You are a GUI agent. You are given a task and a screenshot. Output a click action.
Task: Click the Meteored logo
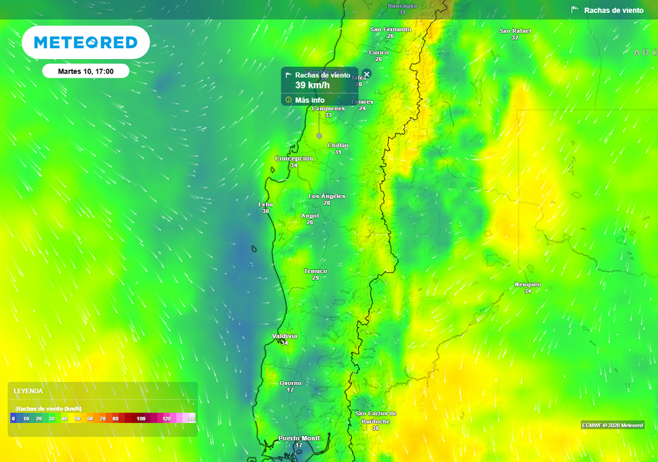coord(85,42)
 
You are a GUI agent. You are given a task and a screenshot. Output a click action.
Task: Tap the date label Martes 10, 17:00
coord(85,71)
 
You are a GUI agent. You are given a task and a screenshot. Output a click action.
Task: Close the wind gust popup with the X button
coord(367,74)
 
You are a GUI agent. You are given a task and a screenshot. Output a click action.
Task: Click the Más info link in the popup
coord(310,100)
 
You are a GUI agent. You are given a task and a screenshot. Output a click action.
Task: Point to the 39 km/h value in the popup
coord(312,85)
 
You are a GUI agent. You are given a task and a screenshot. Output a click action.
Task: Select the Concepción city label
coord(294,158)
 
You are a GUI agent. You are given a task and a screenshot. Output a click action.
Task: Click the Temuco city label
coord(316,271)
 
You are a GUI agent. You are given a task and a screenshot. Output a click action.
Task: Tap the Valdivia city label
coord(285,336)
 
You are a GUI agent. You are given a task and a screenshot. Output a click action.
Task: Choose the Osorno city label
coord(290,383)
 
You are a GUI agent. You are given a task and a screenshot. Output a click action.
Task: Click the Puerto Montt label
coord(299,438)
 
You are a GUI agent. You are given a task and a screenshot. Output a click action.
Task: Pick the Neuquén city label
coord(528,285)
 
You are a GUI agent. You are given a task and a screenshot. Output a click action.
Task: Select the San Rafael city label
coord(515,31)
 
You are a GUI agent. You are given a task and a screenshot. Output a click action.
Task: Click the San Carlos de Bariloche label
coord(376,417)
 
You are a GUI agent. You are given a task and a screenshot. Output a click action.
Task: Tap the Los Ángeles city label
coord(327,196)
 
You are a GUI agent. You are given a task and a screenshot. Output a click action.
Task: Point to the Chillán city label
coord(338,146)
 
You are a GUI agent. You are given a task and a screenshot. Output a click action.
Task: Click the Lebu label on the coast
coord(265,205)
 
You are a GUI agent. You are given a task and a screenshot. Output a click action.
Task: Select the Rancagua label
coord(402,6)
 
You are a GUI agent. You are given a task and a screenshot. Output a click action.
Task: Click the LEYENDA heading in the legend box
coord(29,391)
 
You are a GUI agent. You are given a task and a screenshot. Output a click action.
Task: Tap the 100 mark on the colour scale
coord(141,418)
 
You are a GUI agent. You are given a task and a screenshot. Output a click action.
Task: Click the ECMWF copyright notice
coord(612,425)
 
